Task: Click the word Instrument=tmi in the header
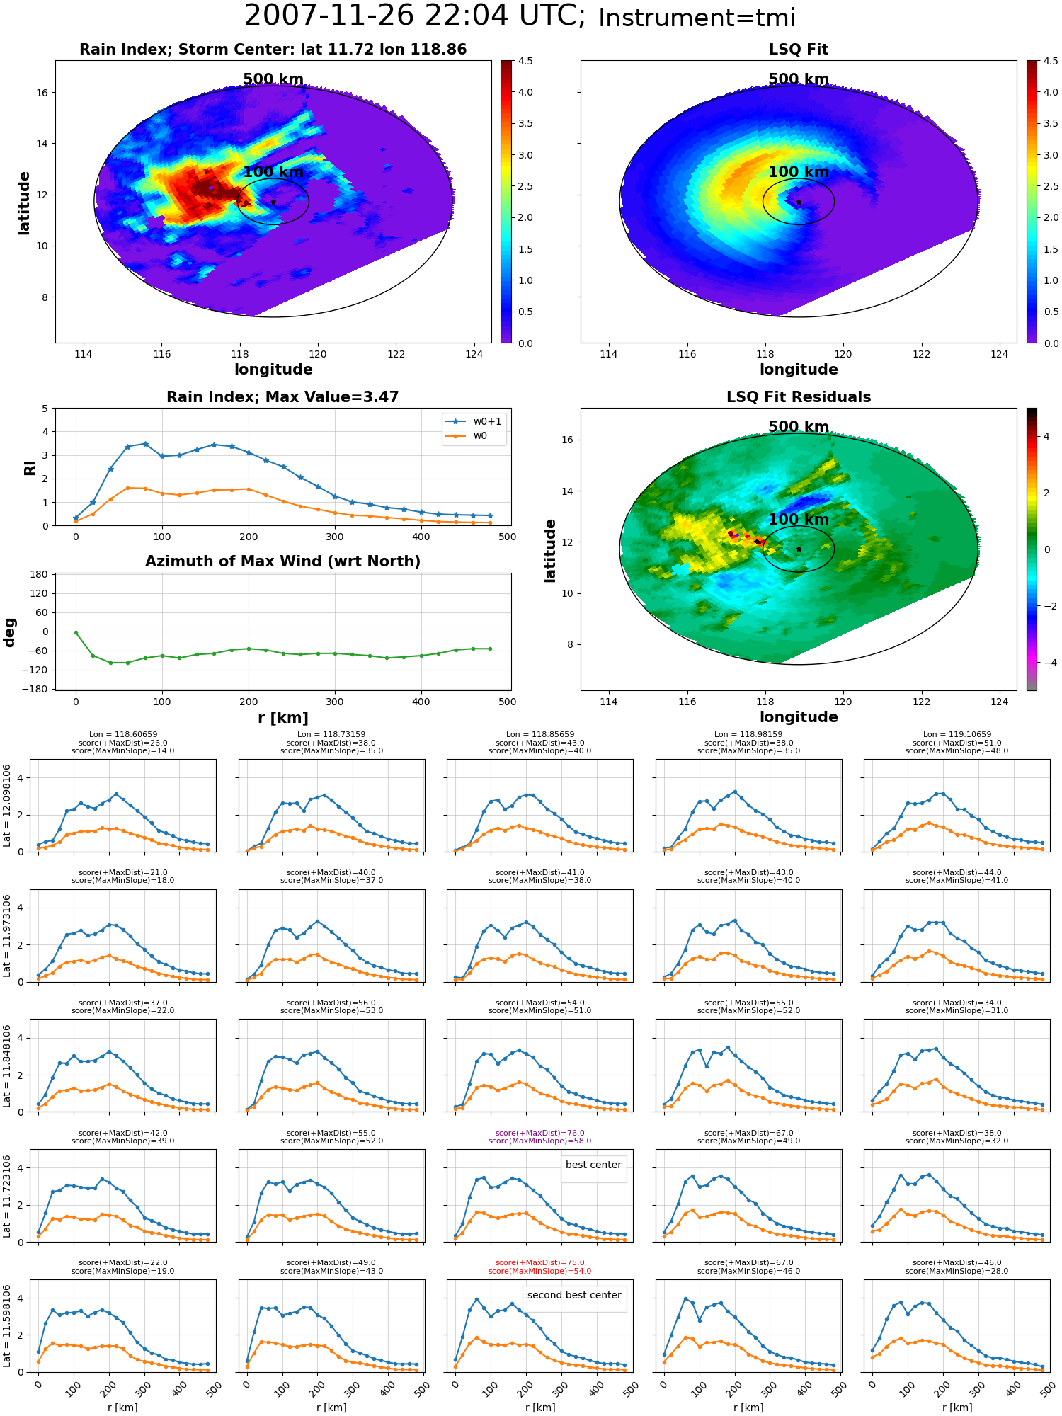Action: point(697,18)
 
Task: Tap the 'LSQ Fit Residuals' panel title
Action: point(799,397)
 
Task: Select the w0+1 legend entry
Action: point(474,421)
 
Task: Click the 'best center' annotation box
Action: point(593,1165)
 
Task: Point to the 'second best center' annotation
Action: point(574,1295)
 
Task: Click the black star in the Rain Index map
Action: point(273,202)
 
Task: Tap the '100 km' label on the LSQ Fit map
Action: point(799,172)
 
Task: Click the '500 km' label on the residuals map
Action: point(799,427)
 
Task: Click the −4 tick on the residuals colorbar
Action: point(1046,663)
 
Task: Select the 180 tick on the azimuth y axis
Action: point(40,574)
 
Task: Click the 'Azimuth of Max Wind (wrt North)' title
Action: point(283,561)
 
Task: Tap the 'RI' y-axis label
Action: point(30,467)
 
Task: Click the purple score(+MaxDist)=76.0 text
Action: point(540,1133)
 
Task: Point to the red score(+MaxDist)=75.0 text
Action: point(540,1263)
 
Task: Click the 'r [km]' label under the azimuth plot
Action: point(283,718)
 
